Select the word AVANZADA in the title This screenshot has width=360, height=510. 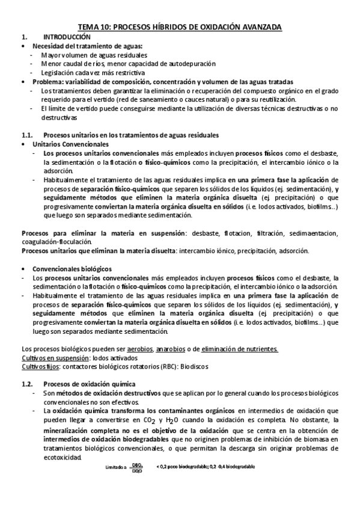tap(260, 27)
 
